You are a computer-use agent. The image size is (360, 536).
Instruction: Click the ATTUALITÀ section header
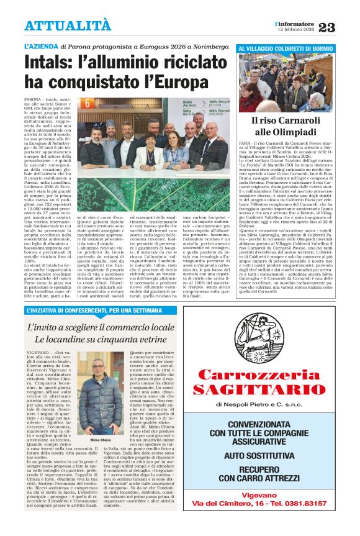tap(68, 25)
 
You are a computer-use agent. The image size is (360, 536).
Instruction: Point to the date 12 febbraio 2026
tap(295, 29)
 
